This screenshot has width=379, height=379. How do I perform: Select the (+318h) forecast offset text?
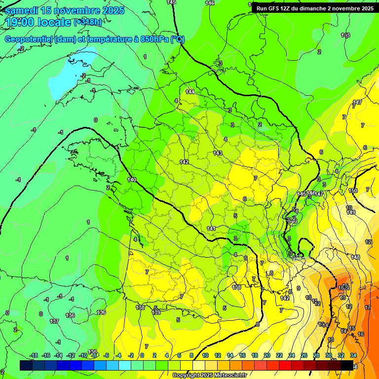pyautogui.click(x=88, y=22)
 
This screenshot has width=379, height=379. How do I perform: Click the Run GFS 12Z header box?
pyautogui.click(x=314, y=8)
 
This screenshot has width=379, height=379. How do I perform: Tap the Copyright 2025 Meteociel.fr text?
pyautogui.click(x=209, y=375)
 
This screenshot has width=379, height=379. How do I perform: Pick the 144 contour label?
pyautogui.click(x=190, y=92)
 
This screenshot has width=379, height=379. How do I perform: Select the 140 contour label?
pyautogui.click(x=132, y=180)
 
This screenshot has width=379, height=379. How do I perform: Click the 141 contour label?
pyautogui.click(x=211, y=228)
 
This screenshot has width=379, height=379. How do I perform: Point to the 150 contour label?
pyautogui.click(x=352, y=190)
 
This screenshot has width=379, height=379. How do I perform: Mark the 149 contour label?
pyautogui.click(x=351, y=212)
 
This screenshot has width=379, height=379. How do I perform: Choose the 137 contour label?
pyautogui.click(x=54, y=321)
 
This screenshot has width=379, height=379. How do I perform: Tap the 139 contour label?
pyautogui.click(x=156, y=312)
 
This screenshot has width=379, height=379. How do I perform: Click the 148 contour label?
pyautogui.click(x=355, y=257)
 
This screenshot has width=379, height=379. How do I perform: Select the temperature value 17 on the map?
pyautogui.click(x=367, y=307)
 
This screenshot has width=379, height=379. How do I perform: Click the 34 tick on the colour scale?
pyautogui.click(x=353, y=355)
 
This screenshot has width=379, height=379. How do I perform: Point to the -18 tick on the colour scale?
pyautogui.click(x=34, y=355)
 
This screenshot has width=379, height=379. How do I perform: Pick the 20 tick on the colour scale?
pyautogui.click(x=267, y=355)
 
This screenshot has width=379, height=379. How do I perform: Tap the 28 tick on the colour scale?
pyautogui.click(x=316, y=355)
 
